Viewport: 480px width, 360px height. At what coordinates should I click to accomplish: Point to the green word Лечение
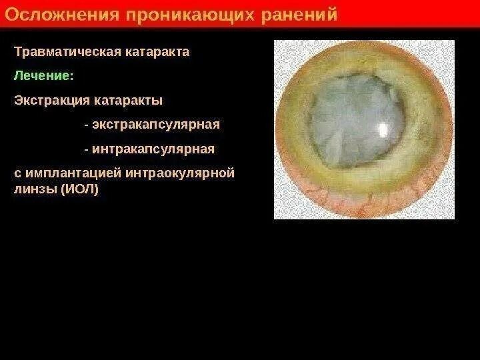40,76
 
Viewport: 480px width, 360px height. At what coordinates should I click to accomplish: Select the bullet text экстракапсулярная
156,125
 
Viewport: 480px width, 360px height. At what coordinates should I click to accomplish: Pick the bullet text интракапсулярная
154,149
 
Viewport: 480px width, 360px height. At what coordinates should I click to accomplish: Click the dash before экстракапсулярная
87,125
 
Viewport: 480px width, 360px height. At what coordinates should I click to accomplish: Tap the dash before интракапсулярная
87,149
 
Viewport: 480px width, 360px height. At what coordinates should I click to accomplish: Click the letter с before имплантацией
17,174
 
